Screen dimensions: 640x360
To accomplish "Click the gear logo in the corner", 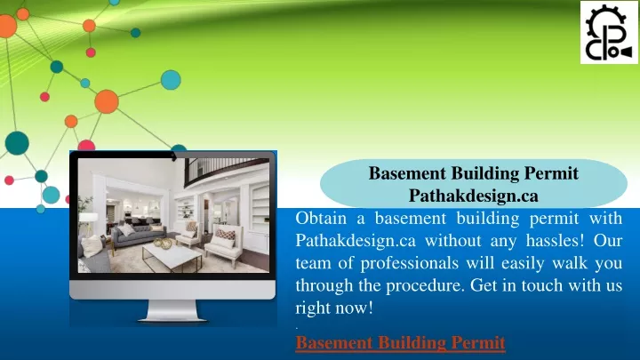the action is coord(609,32).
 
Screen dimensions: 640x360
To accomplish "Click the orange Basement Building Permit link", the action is coord(400,343).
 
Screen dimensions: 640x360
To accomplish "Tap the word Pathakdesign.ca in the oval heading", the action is coord(474,196).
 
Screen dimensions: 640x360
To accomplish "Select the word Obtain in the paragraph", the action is coord(321,219).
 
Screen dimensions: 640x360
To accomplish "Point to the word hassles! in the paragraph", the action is coord(555,240).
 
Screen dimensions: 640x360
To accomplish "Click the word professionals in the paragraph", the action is coord(410,263).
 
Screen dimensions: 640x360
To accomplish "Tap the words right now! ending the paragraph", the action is coord(334,308).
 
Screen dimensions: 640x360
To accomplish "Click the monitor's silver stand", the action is coord(172,311).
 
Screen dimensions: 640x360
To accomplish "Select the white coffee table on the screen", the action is coord(172,257).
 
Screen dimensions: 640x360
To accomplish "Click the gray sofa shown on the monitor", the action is coord(138,235).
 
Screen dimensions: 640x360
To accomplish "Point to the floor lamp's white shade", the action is coord(88,219).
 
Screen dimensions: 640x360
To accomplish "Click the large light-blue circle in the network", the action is coord(171,80).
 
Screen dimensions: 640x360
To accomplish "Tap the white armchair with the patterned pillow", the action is coord(224,242).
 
